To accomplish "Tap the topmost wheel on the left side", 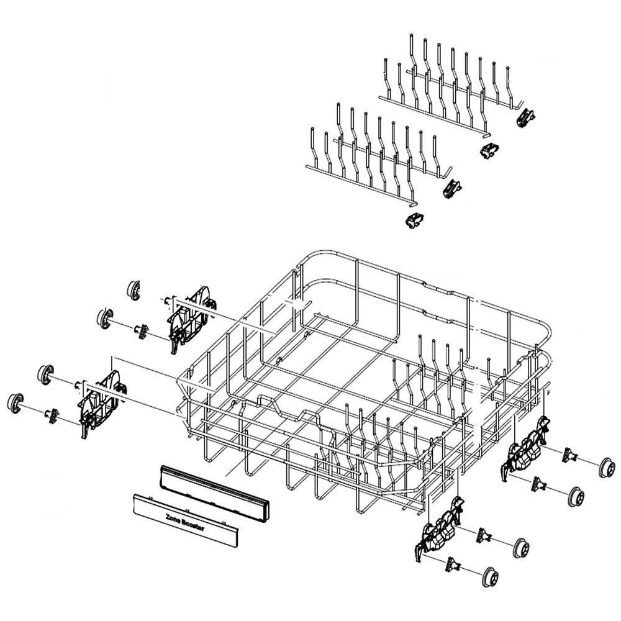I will (133, 289).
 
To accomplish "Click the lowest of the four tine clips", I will (414, 219).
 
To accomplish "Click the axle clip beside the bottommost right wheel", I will (454, 563).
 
